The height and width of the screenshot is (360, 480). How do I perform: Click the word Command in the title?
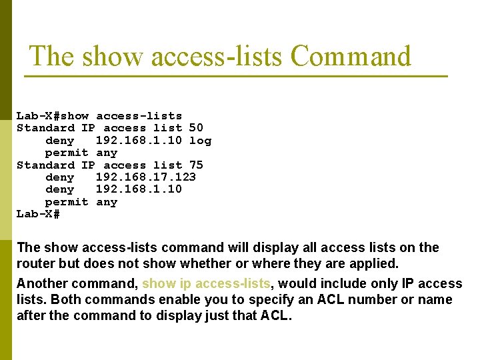[x=351, y=57]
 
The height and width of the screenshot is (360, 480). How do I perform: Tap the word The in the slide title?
[x=53, y=57]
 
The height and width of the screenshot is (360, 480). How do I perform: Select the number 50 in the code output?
[x=196, y=127]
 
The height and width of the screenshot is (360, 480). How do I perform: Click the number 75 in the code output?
[x=196, y=165]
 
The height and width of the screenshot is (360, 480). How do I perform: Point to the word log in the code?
[x=200, y=140]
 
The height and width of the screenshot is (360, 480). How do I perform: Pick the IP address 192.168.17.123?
[x=146, y=177]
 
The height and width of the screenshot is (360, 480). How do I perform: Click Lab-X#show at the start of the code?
[x=53, y=115]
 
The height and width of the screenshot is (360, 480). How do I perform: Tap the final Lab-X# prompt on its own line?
[x=39, y=214]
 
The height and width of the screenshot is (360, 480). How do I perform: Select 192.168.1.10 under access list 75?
[x=139, y=189]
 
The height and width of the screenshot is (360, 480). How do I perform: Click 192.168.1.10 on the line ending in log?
[x=139, y=140]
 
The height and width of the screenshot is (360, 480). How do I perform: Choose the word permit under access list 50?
[x=67, y=153]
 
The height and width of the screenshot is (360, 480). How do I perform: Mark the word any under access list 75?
[x=107, y=202]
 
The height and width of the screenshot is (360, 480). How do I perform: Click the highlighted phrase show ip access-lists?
[x=207, y=283]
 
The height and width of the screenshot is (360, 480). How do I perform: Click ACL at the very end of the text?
[x=277, y=315]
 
